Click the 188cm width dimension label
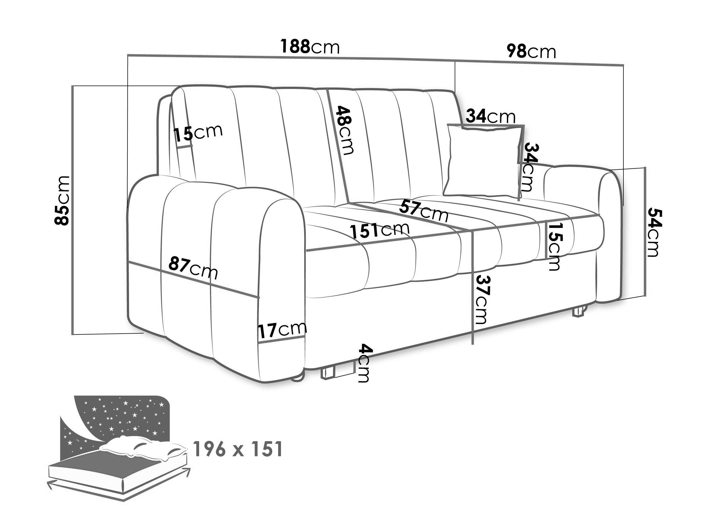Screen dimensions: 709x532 click(310, 46)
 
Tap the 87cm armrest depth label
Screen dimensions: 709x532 click(193, 267)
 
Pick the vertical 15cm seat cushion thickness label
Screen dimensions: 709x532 click(554, 247)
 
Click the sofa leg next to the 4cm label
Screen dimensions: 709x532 click(328, 373)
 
